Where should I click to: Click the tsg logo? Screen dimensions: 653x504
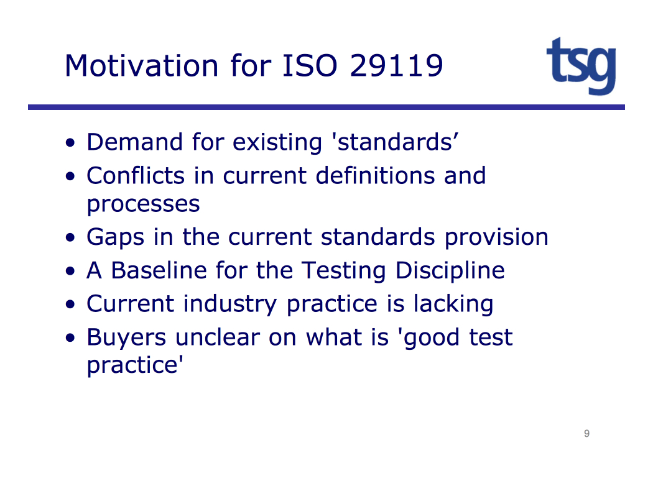pyautogui.click(x=581, y=66)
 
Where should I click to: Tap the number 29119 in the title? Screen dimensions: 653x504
pyautogui.click(x=397, y=66)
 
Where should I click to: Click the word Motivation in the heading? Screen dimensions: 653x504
pyautogui.click(x=142, y=66)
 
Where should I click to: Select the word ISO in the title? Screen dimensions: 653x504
pyautogui.click(x=310, y=66)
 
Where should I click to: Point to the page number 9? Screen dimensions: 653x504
pyautogui.click(x=587, y=434)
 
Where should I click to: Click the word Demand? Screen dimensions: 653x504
pyautogui.click(x=134, y=142)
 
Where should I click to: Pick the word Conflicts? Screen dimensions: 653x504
pyautogui.click(x=136, y=175)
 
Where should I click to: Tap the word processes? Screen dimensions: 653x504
pyautogui.click(x=143, y=204)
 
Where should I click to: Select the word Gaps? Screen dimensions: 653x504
pyautogui.click(x=115, y=237)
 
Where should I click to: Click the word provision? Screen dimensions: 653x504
pyautogui.click(x=496, y=237)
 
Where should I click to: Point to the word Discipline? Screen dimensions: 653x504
pyautogui.click(x=450, y=270)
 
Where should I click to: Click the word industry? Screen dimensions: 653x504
pyautogui.click(x=229, y=304)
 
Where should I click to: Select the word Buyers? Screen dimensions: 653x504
pyautogui.click(x=126, y=337)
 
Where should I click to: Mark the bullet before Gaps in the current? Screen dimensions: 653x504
pyautogui.click(x=70, y=237)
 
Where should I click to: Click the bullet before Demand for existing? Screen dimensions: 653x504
pyautogui.click(x=70, y=143)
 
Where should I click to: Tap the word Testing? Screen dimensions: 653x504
pyautogui.click(x=343, y=270)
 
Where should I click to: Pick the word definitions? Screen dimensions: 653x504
pyautogui.click(x=375, y=175)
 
